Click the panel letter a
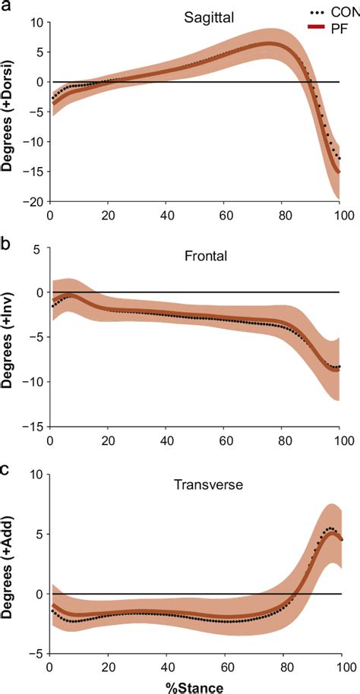[x=6, y=7]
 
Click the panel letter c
[x=6, y=468]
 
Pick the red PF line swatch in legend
[x=318, y=27]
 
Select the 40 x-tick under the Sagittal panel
[x=166, y=215]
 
